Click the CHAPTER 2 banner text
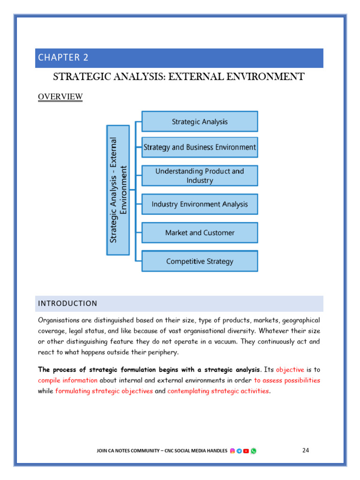coord(63,58)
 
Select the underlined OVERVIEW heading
coord(60,97)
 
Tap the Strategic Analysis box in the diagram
coord(200,121)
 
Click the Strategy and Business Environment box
coord(200,147)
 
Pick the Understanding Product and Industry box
coord(200,176)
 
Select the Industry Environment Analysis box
coord(200,204)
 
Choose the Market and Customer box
coord(200,232)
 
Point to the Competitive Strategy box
coord(200,261)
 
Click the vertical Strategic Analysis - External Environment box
coord(118,190)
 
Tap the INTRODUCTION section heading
coord(67,303)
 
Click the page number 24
coord(306,450)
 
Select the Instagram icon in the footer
coord(232,451)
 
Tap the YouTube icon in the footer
coord(246,451)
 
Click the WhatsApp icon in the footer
coord(254,451)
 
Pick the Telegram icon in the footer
coord(239,451)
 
